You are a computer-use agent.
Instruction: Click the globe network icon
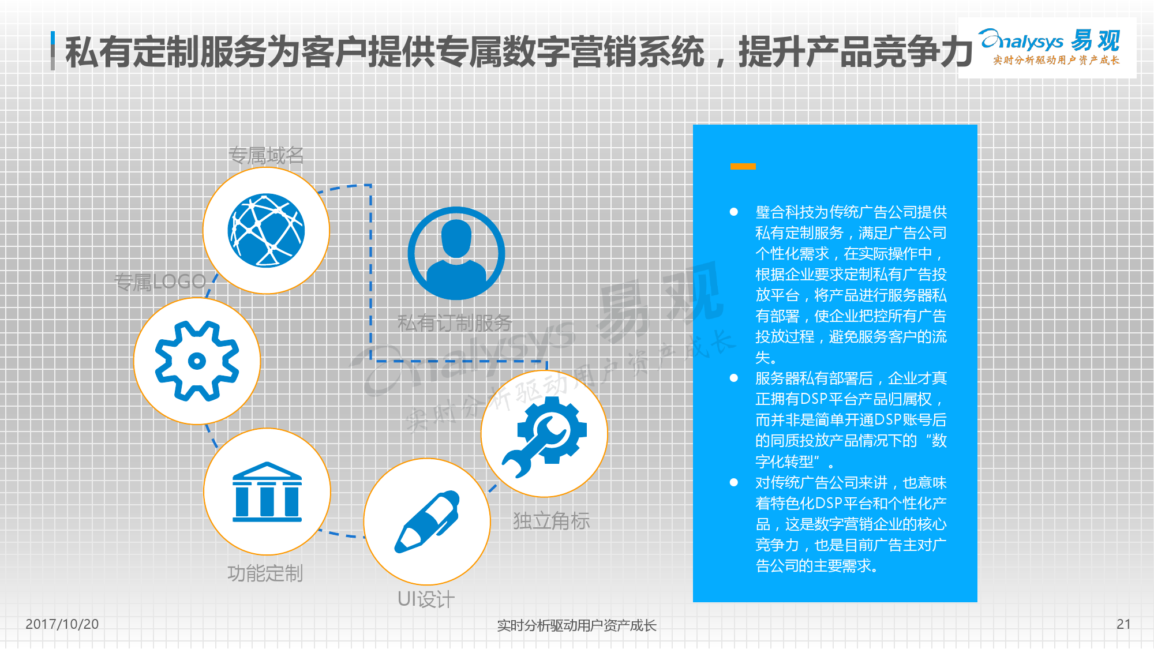pos(266,230)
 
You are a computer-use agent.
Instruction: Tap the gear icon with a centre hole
pos(197,361)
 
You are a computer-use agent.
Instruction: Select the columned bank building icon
pos(267,492)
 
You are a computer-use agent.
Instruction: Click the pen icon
pos(427,522)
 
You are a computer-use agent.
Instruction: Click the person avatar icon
pos(456,253)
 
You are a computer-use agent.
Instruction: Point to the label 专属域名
pos(266,155)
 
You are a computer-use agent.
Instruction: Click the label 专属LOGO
pos(160,282)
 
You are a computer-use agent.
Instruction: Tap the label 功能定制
pos(265,573)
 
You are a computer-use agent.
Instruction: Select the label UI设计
pos(426,599)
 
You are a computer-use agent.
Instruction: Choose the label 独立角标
pos(551,520)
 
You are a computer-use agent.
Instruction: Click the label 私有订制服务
pos(455,322)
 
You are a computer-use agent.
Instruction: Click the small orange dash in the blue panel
pos(743,166)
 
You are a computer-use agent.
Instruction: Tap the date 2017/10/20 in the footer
pos(62,624)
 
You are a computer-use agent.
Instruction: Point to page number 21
pos(1123,624)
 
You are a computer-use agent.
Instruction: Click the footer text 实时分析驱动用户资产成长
pos(576,625)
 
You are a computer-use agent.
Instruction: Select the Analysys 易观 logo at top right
pos(1049,46)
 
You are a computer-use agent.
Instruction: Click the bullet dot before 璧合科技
pos(734,212)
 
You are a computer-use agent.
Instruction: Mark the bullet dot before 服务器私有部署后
pos(734,378)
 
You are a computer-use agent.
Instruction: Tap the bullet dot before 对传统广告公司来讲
pos(734,482)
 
